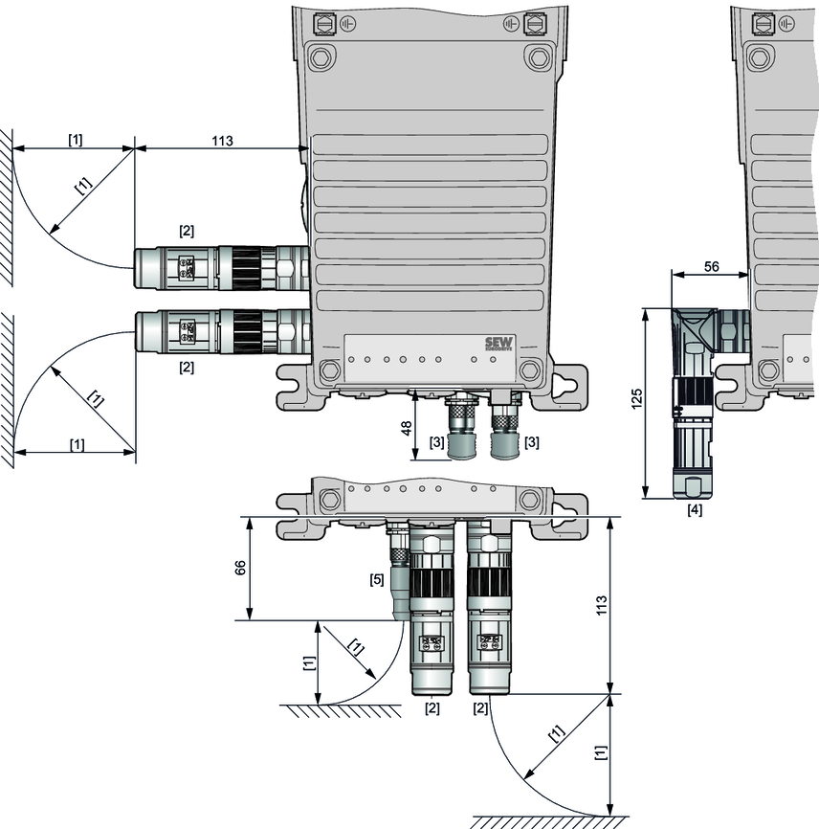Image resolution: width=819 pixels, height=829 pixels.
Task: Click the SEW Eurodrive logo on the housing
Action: [498, 345]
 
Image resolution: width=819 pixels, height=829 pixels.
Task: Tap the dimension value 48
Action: [407, 428]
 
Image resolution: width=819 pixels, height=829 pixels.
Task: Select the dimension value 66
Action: [240, 568]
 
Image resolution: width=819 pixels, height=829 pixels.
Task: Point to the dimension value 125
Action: [636, 398]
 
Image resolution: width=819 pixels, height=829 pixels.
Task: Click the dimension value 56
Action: [711, 266]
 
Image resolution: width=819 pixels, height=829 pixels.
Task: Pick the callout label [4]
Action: [695, 510]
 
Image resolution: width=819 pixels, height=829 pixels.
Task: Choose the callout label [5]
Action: [377, 579]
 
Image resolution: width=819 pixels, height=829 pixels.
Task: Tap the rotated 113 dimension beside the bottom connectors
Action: [601, 605]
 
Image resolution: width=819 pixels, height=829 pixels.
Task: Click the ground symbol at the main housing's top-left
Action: [347, 24]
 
